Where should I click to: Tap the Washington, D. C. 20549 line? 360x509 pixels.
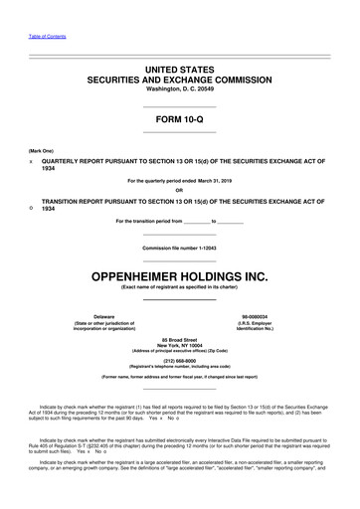click(179, 87)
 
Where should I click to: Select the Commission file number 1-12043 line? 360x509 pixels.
click(179, 247)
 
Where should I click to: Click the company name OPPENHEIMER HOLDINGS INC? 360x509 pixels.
click(179, 273)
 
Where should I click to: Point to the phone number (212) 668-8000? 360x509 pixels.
click(179, 362)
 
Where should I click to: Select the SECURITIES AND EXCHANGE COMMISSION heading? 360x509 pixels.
click(179, 76)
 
